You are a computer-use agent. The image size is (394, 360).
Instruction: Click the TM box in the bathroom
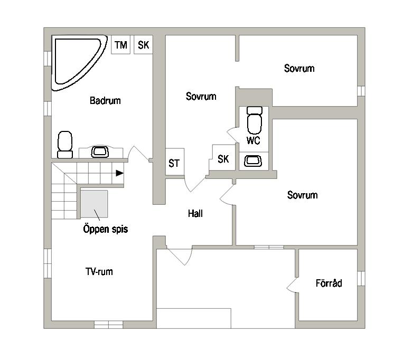click(120, 44)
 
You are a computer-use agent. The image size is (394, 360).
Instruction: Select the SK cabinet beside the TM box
click(143, 44)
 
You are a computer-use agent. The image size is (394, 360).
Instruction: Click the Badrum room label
click(105, 100)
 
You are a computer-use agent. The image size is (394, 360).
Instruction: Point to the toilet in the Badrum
click(65, 145)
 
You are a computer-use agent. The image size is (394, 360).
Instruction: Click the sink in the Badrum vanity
click(100, 151)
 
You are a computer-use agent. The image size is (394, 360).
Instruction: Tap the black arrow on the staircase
click(119, 173)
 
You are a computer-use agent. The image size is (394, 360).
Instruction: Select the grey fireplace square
click(94, 204)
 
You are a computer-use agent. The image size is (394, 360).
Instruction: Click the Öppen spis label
click(106, 229)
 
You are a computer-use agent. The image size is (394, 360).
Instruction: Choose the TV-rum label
click(99, 271)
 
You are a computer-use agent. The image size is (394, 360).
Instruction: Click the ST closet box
click(175, 162)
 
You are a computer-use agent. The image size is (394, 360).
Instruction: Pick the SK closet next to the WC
click(223, 158)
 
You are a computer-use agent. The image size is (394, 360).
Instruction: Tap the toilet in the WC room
click(255, 120)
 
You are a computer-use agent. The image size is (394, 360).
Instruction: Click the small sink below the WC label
click(253, 161)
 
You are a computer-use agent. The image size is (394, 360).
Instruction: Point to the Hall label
click(195, 214)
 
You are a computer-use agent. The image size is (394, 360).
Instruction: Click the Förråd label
click(329, 283)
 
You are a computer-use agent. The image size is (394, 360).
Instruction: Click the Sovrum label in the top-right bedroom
click(299, 68)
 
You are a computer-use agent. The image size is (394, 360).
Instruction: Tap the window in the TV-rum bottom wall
click(109, 325)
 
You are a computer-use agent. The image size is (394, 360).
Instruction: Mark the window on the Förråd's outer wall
click(361, 278)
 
